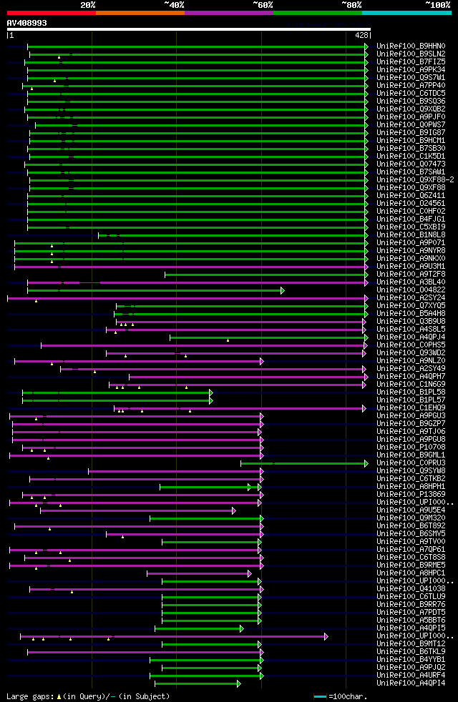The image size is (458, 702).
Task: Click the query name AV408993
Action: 27,23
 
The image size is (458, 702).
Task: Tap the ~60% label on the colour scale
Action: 263,4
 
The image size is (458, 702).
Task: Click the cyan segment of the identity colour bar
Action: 406,12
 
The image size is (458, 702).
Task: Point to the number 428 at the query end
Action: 361,34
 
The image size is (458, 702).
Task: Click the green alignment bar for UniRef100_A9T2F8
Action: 265,274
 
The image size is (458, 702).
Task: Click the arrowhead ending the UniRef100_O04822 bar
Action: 283,290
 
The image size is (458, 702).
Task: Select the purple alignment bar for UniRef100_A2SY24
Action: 186,297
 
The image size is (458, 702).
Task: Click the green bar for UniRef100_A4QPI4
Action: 196,683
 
